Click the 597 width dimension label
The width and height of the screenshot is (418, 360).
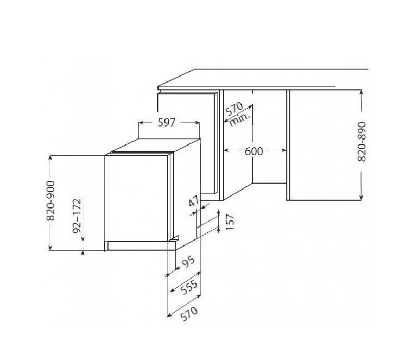[167, 122]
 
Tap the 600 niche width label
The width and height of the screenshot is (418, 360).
[254, 151]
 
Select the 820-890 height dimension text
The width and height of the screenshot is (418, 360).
[362, 142]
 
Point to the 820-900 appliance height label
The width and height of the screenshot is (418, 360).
[50, 201]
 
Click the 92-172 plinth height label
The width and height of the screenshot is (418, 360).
[77, 216]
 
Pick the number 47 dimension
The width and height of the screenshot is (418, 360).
[194, 201]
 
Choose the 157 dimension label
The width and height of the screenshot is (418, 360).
[230, 222]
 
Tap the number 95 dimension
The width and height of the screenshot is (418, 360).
[188, 263]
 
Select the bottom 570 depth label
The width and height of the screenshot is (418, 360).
[189, 314]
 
